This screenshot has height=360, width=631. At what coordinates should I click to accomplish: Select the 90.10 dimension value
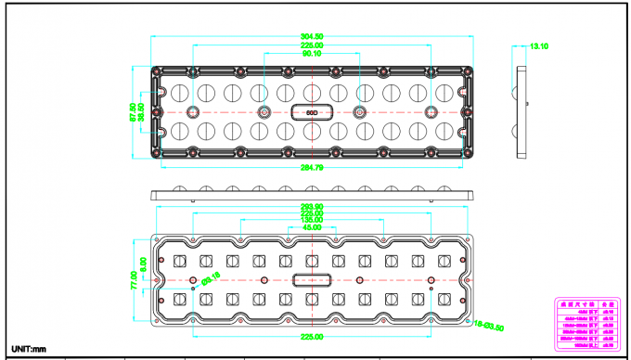[312, 54]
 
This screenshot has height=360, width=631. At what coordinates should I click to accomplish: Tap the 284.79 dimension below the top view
[312, 168]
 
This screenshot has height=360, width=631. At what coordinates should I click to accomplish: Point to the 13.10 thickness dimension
[539, 45]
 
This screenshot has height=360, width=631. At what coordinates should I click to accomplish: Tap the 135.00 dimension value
[312, 219]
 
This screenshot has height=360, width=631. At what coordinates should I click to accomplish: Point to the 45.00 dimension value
[312, 226]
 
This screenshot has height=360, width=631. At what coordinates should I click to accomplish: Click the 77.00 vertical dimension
[134, 280]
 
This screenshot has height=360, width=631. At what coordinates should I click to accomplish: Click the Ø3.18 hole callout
[211, 276]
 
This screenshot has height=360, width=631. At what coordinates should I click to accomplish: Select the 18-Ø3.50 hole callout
[488, 326]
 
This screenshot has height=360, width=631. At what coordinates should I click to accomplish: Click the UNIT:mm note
[28, 348]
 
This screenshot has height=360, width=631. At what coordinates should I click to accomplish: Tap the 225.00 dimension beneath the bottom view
[312, 337]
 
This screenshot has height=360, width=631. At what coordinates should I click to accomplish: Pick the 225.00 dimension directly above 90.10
[312, 45]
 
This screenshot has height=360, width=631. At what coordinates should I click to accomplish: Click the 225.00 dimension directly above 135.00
[312, 212]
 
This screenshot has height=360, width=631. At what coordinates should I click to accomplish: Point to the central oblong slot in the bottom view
[312, 280]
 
